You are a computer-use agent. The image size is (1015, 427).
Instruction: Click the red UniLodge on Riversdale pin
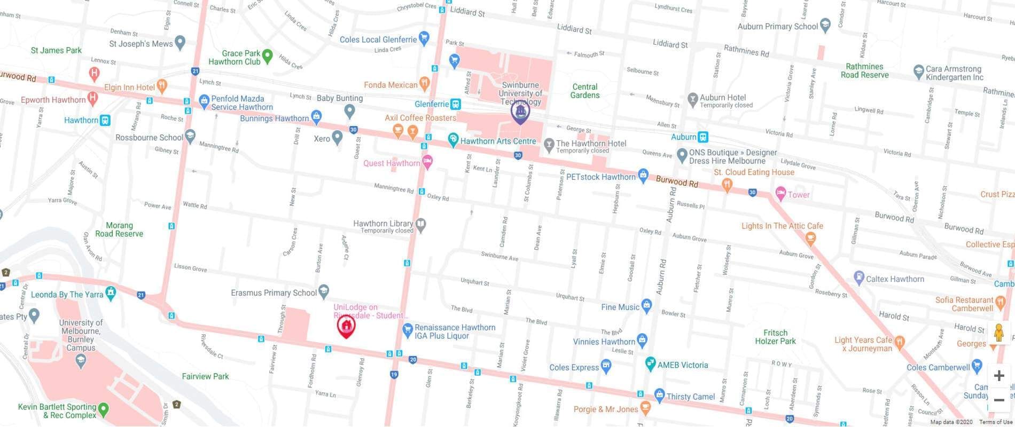click(x=346, y=326)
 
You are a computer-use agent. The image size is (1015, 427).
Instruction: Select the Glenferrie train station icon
click(x=455, y=104)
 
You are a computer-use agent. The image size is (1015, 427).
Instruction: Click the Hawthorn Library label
click(x=383, y=224)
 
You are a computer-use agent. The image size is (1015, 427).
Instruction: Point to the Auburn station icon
click(x=704, y=137)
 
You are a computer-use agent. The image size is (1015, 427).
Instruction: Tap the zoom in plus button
click(x=998, y=376)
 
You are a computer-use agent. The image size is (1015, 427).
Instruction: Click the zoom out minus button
click(x=998, y=400)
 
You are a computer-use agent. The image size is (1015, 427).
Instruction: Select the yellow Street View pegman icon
click(x=998, y=333)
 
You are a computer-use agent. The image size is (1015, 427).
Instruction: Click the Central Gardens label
click(x=585, y=91)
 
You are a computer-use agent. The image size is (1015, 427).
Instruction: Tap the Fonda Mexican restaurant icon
click(x=425, y=83)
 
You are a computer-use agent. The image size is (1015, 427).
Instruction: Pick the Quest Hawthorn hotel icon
click(x=427, y=161)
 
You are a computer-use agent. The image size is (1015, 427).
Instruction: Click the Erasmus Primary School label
click(x=274, y=292)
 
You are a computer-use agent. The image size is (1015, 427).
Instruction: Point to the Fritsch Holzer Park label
click(x=775, y=337)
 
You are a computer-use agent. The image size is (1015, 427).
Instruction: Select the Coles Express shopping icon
click(x=606, y=366)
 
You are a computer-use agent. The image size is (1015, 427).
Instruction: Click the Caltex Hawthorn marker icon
click(x=859, y=278)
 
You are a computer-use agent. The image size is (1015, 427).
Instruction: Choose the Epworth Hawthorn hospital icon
click(x=93, y=98)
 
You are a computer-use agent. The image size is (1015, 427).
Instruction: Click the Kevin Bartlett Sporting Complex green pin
click(x=104, y=409)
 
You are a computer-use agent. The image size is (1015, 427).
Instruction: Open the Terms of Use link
click(x=995, y=422)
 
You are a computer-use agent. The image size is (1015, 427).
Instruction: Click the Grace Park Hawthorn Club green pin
click(x=268, y=55)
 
